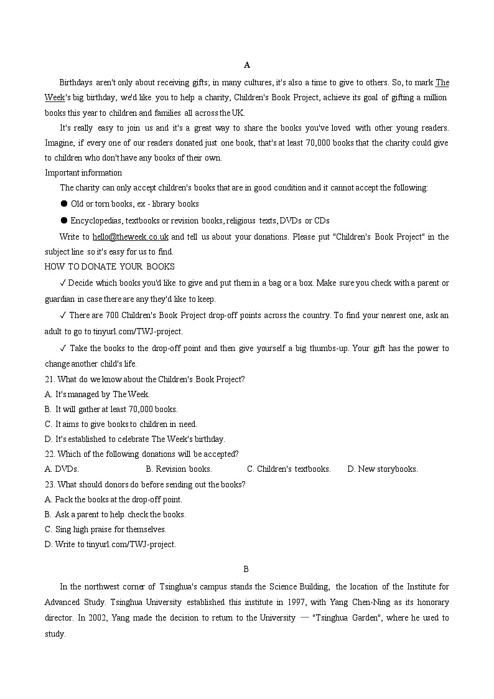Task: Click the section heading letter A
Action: tap(247, 65)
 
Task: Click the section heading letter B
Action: tap(246, 569)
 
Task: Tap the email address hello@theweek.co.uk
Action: tap(131, 237)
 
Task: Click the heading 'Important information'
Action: tap(83, 172)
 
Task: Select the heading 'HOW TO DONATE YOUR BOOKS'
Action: tap(110, 266)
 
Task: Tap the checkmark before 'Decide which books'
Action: tap(63, 283)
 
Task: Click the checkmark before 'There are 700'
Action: tap(63, 316)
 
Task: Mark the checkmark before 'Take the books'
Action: tap(63, 348)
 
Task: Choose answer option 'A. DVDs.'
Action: tap(62, 469)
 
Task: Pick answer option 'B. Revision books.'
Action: tap(179, 469)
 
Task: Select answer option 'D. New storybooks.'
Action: tap(383, 469)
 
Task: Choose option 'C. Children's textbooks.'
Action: tap(289, 469)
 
